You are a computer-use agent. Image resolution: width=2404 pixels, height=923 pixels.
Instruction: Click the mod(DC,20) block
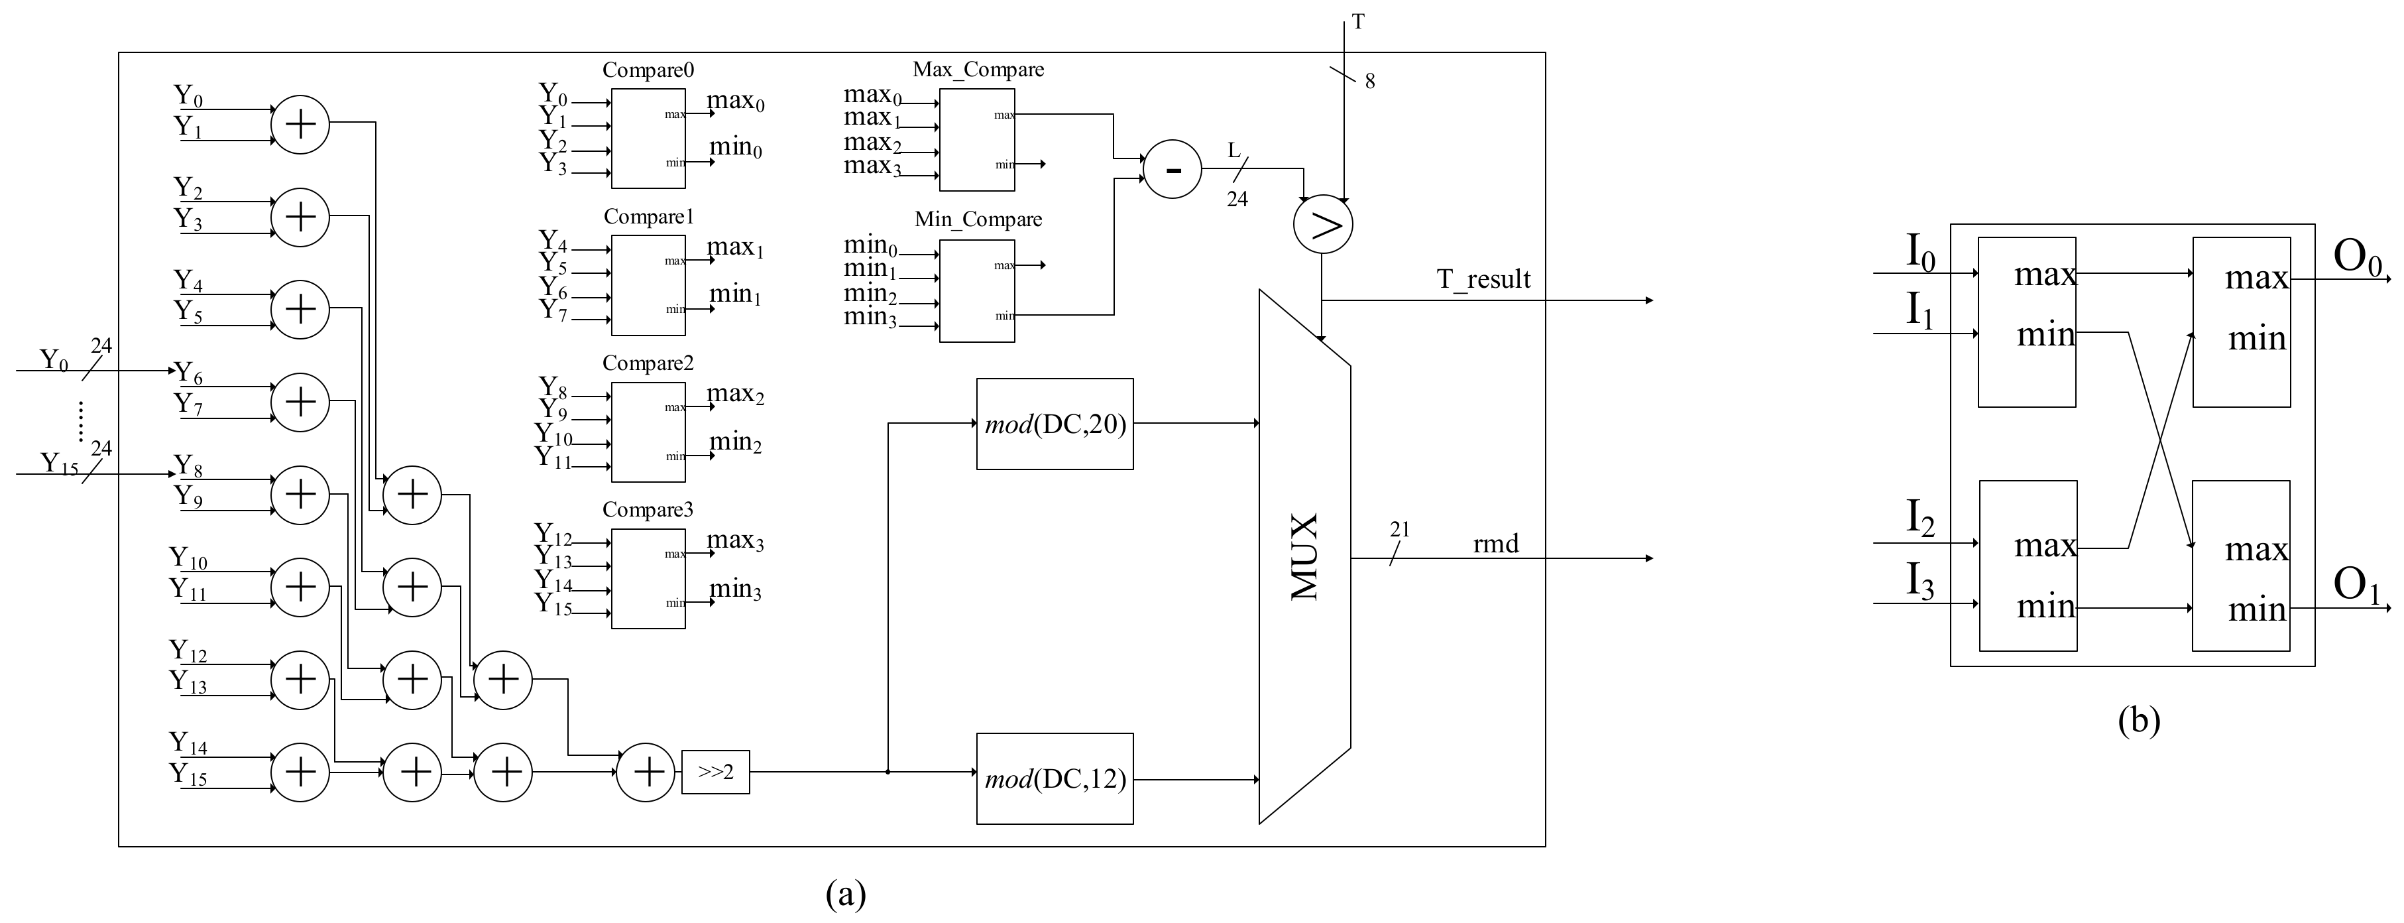1055,424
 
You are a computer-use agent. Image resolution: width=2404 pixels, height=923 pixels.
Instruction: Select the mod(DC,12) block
1055,778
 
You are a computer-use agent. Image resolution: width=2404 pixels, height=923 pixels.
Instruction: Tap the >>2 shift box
715,772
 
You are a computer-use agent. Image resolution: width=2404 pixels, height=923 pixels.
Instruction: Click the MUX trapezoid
1304,557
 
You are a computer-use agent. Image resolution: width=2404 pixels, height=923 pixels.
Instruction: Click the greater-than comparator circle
1322,225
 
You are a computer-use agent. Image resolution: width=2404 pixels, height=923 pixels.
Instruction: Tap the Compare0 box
648,138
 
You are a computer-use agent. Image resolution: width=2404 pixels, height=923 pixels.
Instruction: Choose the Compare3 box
648,579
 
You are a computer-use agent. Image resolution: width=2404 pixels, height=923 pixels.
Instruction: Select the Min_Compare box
976,291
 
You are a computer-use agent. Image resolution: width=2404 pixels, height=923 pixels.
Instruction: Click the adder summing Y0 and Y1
300,124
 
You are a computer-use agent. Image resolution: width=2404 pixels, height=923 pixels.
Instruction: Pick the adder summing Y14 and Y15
300,772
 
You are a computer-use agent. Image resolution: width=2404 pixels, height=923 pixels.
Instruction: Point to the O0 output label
2358,259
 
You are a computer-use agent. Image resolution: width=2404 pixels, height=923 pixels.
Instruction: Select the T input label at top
1358,21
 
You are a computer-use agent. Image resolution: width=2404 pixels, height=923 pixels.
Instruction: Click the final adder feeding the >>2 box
646,772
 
